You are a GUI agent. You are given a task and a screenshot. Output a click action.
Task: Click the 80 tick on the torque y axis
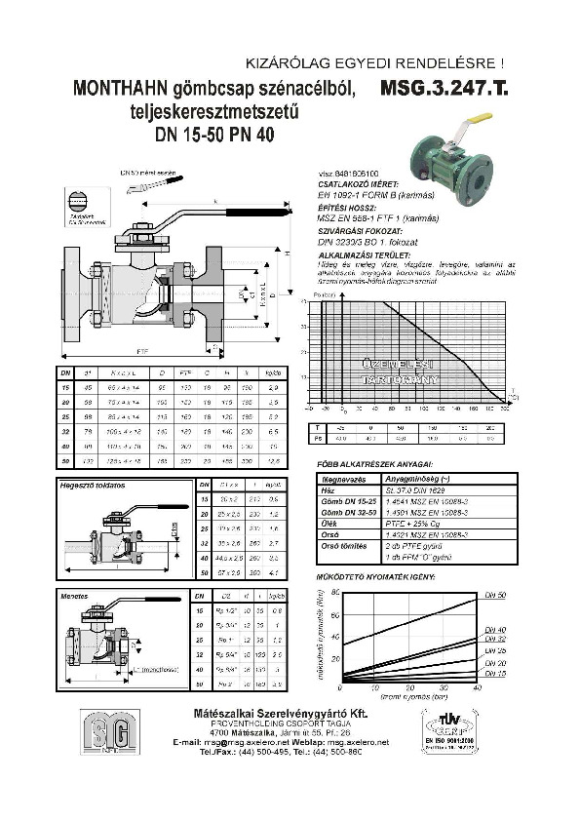[x=335, y=593]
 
